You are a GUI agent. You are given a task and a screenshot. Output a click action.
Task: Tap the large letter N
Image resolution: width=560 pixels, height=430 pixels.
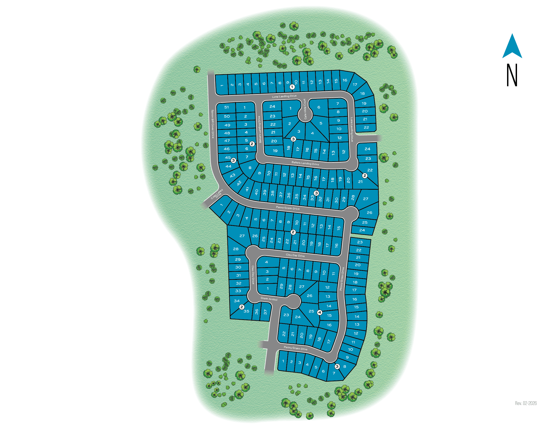[512, 75]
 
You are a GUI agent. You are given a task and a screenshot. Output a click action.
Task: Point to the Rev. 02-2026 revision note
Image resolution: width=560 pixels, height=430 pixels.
[526, 403]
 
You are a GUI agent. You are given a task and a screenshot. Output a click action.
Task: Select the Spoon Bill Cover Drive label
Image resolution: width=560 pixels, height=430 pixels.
[212, 124]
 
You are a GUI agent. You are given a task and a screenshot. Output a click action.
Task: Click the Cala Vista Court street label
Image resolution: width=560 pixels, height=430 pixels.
[305, 109]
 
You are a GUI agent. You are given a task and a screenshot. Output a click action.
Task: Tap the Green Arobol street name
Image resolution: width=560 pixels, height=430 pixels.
[269, 299]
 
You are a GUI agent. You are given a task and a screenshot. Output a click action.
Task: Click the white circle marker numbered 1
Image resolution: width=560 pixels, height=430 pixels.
[292, 87]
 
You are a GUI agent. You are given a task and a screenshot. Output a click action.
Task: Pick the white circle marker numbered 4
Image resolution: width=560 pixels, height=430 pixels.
[320, 312]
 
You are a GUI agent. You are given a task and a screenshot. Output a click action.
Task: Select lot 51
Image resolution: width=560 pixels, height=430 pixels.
[227, 107]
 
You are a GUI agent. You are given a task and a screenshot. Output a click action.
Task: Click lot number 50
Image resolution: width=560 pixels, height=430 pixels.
[227, 116]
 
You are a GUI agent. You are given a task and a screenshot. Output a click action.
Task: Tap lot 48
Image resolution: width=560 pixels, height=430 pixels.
[227, 133]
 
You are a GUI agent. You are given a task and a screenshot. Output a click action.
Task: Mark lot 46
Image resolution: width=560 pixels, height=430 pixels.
[227, 149]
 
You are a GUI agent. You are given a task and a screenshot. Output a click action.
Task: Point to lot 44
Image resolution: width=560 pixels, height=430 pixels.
[228, 166]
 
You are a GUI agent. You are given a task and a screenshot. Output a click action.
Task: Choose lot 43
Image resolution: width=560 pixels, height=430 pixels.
[232, 175]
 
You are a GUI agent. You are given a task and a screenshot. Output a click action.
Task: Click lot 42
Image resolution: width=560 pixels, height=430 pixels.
[239, 183]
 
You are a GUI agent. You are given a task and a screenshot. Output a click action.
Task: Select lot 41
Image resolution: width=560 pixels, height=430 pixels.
[247, 189]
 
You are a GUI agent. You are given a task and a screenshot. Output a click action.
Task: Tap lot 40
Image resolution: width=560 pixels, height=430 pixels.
[256, 192]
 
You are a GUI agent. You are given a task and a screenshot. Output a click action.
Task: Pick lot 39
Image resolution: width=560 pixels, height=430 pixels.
[265, 192]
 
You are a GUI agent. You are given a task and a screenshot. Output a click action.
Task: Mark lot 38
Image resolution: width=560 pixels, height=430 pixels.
[272, 193]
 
